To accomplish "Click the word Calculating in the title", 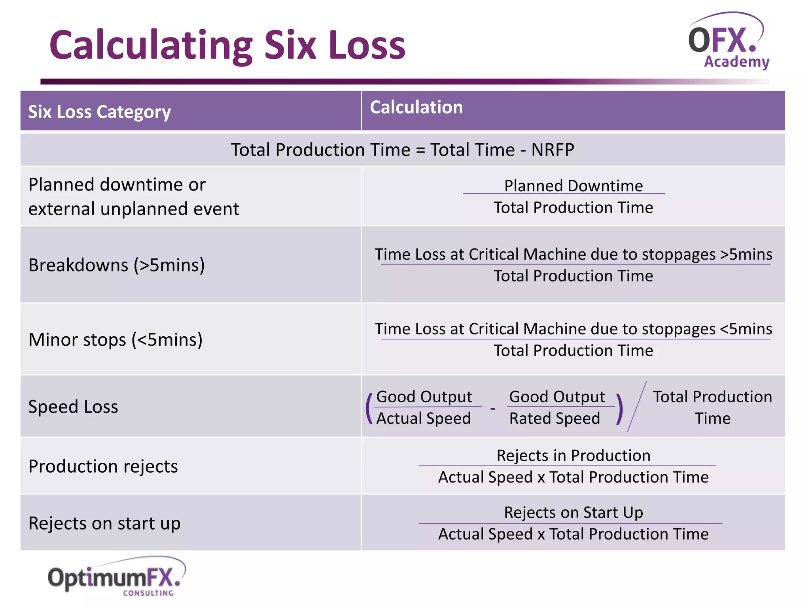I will click(x=151, y=45).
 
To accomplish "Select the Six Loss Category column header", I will click(x=99, y=112).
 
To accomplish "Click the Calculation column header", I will click(x=416, y=107).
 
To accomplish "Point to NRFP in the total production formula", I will click(x=553, y=150).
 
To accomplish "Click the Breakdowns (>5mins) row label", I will click(x=117, y=265).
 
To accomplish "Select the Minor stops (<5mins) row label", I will click(x=115, y=339).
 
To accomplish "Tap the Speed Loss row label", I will click(x=73, y=407).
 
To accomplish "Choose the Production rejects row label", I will click(x=103, y=466).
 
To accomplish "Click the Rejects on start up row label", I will click(x=104, y=523).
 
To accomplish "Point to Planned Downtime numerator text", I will click(x=573, y=186).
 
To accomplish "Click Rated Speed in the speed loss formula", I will click(x=555, y=418).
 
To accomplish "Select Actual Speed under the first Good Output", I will click(x=423, y=418).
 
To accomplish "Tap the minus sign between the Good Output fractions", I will click(x=493, y=408).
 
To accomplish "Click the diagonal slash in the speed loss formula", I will click(x=637, y=407).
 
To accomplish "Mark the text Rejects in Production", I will click(x=573, y=456).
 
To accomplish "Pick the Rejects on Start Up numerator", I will click(x=573, y=513).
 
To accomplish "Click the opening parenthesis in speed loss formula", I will click(x=369, y=408).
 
